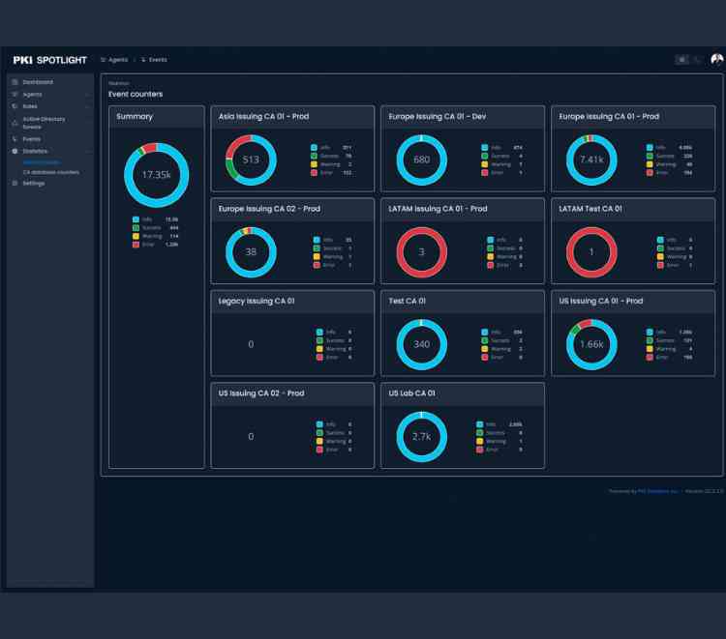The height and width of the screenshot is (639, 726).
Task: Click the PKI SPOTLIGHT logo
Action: point(49,60)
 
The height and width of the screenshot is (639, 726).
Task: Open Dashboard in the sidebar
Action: point(38,82)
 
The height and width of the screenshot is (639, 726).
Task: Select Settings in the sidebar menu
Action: point(34,183)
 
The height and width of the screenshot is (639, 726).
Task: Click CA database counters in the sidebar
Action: point(50,172)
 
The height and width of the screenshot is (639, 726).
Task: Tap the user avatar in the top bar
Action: point(716,60)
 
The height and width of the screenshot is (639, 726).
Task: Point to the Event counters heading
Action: point(136,94)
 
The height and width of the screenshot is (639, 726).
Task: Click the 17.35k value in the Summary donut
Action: point(156,175)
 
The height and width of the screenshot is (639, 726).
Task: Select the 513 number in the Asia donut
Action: point(251,160)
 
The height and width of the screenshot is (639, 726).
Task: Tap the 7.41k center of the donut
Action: point(591,160)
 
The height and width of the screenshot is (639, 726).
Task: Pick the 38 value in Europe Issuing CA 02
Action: point(251,252)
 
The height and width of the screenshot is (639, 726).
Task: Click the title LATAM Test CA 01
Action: point(590,209)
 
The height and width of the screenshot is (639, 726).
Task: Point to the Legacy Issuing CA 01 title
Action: point(257,302)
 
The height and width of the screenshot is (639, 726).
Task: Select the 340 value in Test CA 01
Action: point(422,344)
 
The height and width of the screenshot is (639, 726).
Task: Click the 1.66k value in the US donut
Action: point(591,344)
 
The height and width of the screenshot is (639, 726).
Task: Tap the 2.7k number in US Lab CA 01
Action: point(422,436)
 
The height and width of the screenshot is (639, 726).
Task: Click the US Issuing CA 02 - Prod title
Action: point(261,393)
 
